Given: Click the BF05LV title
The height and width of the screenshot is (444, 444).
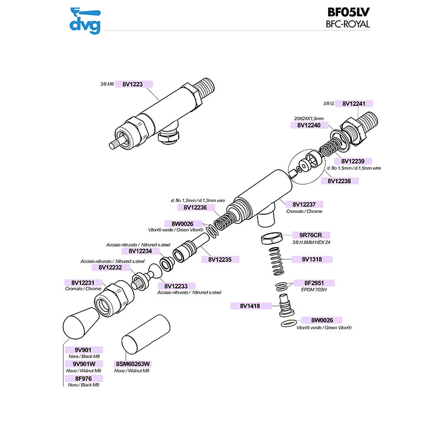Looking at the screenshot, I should coord(347,12).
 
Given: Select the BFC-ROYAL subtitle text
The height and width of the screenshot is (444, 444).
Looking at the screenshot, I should coord(348,24).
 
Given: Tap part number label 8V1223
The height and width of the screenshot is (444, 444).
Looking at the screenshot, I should coord(132,84).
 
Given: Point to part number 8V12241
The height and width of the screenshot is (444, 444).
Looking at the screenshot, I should coord(353,104).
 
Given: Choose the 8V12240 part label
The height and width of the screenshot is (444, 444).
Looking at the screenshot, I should coord(306,125).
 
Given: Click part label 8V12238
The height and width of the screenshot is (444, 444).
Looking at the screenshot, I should coord(339,180).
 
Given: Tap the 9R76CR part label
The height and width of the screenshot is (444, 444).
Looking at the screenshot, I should coord(306,235).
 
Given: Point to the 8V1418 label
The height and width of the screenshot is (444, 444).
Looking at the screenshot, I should coord(250,305).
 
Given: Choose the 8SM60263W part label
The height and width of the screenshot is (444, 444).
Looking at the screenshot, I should coord(132,364).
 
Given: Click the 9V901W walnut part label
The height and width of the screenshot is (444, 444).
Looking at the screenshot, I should coord(81,364).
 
